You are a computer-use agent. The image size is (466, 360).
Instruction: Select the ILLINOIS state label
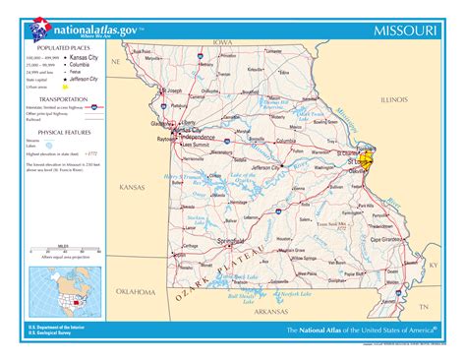click(x=393, y=99)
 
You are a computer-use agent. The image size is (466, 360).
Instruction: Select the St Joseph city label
click(x=173, y=91)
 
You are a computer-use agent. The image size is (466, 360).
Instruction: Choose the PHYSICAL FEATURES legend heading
click(x=65, y=131)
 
